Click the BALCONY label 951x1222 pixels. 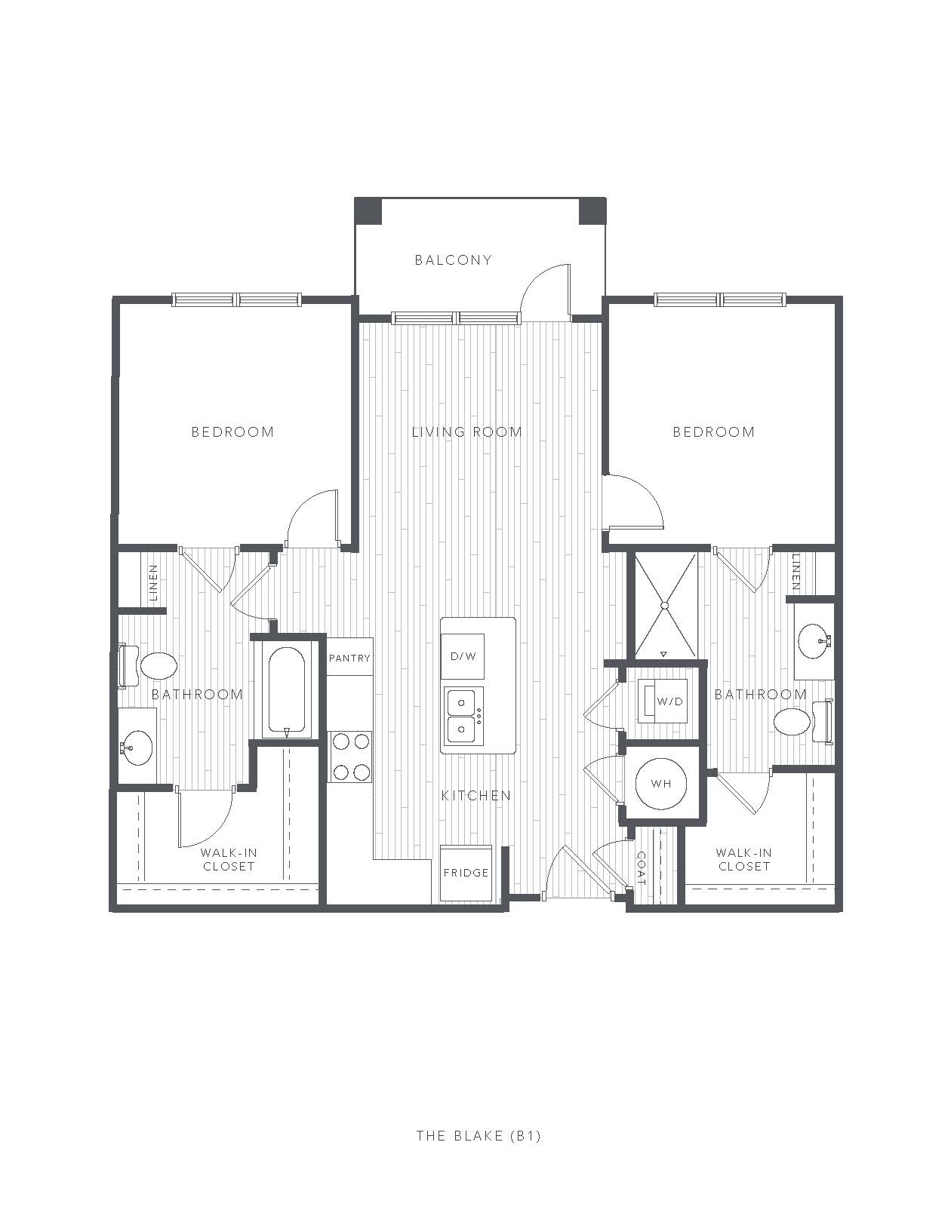click(x=453, y=259)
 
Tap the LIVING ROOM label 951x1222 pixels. click(x=467, y=432)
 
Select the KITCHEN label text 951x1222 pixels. click(x=476, y=795)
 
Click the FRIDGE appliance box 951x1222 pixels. click(x=466, y=873)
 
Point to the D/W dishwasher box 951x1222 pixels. click(x=463, y=656)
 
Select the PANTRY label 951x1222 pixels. click(x=349, y=658)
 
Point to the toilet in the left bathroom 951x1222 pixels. click(x=148, y=666)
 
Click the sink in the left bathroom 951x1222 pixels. click(x=137, y=747)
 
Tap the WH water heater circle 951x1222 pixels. click(x=661, y=783)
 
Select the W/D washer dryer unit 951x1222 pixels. click(x=663, y=702)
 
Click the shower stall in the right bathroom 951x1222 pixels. click(x=664, y=606)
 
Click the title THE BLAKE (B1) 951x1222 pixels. click(x=479, y=1135)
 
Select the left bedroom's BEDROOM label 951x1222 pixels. click(x=233, y=432)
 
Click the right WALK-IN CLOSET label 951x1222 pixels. click(x=743, y=859)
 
